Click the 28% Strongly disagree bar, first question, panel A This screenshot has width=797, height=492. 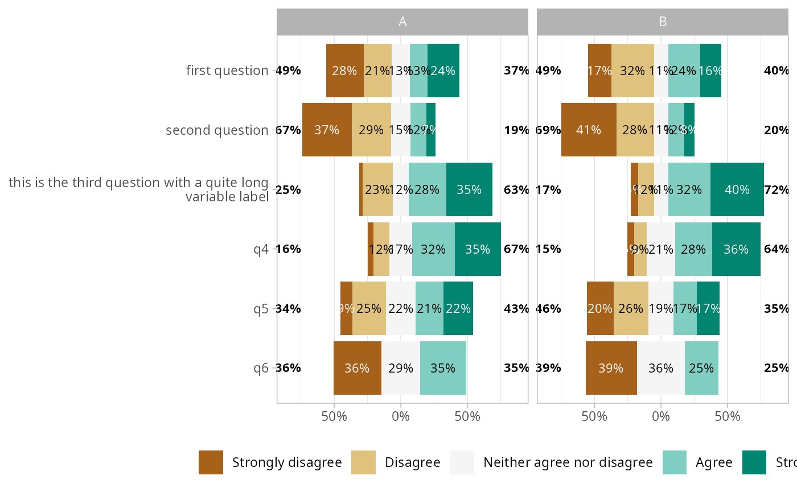point(344,71)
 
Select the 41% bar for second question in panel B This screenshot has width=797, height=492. point(589,130)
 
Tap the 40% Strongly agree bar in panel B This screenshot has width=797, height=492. point(737,189)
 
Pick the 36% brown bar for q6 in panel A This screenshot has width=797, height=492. point(357,368)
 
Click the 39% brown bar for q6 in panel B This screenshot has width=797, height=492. point(611,368)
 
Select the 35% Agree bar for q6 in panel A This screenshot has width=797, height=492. point(443,368)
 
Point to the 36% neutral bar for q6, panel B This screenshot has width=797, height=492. point(660,368)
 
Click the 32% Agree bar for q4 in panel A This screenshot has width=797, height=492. point(433,249)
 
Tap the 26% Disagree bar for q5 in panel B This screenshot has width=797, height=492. point(631,308)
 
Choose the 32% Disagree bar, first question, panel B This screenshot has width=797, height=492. point(632,71)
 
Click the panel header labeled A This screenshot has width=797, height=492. point(402,22)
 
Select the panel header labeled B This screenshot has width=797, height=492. point(663,22)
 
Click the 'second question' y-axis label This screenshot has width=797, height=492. point(217,130)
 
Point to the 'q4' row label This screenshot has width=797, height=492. point(261,249)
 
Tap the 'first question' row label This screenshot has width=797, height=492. point(227,71)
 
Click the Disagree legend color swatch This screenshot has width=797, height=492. point(364,462)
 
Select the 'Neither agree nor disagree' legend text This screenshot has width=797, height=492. point(568,462)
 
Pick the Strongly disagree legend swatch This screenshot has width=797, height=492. point(211,462)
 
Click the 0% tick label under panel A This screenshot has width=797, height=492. point(401,416)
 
